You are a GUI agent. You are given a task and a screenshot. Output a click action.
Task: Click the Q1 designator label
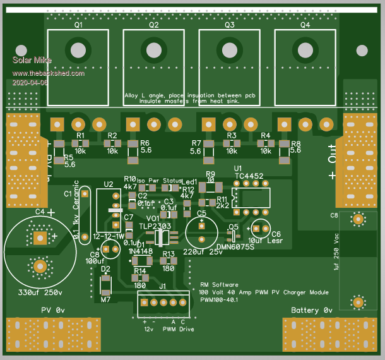[78, 26]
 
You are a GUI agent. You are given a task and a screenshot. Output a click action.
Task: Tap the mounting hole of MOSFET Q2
[153, 50]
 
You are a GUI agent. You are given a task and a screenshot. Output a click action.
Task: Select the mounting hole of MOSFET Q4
[305, 50]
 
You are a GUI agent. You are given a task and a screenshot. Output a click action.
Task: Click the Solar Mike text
[32, 61]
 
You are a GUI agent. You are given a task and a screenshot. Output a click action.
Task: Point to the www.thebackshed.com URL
[48, 73]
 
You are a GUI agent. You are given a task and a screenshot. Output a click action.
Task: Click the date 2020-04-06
[30, 82]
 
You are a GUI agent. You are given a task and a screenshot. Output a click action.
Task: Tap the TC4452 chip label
[249, 176]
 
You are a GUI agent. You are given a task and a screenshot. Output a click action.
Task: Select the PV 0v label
[54, 311]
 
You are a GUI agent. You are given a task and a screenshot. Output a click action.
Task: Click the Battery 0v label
[312, 311]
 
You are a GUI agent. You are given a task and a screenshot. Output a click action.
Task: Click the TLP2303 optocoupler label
[154, 225]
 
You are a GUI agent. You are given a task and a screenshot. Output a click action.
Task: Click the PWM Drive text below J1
[178, 329]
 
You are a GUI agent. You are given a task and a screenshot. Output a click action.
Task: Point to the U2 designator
[109, 184]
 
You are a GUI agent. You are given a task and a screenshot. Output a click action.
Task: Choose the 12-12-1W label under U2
[108, 235]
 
